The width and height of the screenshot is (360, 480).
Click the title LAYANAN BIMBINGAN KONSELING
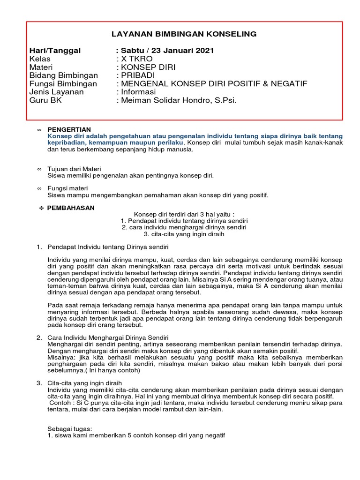tap(184, 34)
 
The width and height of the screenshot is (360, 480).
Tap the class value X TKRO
tap(136, 59)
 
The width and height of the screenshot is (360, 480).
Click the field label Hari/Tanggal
tap(55, 51)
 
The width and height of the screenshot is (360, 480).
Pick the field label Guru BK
tap(45, 100)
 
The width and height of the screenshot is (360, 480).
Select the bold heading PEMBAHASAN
tap(71, 208)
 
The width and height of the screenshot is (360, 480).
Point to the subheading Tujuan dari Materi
tap(75, 169)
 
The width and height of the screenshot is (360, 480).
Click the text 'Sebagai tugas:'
tap(70, 429)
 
